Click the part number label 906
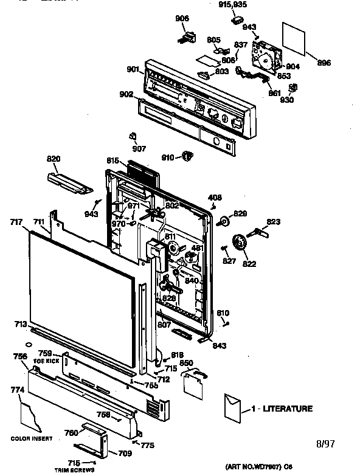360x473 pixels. pyautogui.click(x=182, y=18)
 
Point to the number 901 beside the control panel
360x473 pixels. pyautogui.click(x=133, y=69)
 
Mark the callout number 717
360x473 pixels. pyautogui.click(x=16, y=223)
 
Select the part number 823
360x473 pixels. pyautogui.click(x=274, y=222)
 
